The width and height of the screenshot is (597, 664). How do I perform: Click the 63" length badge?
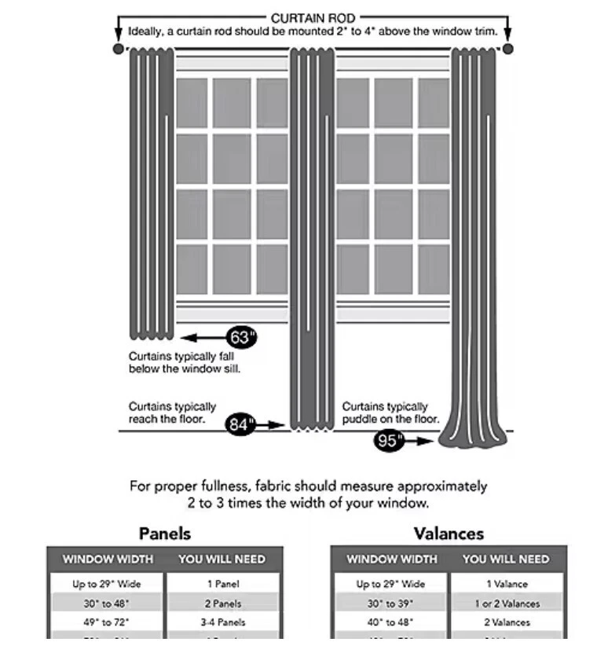[x=242, y=338]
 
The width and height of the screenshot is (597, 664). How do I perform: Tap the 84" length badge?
[x=241, y=424]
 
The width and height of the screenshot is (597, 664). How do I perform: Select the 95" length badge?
[x=389, y=441]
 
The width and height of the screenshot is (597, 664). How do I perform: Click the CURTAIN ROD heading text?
[x=313, y=18]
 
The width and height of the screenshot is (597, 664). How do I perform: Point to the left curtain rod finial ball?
[x=119, y=49]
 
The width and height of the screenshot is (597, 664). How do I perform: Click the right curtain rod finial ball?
[x=507, y=49]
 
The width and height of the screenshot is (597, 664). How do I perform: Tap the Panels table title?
[x=165, y=534]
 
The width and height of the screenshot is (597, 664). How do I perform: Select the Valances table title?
[x=449, y=534]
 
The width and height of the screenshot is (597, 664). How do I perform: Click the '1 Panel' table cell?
[x=224, y=584]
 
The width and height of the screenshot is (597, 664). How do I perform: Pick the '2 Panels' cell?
[x=224, y=603]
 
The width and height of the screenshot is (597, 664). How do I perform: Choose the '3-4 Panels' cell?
[x=224, y=622]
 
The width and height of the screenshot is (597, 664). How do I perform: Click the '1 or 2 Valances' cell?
[x=507, y=603]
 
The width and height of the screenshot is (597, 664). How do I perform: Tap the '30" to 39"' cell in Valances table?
[x=391, y=603]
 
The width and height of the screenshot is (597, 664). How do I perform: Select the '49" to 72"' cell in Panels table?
[x=107, y=622]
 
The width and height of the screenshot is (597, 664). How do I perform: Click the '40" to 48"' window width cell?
[x=391, y=622]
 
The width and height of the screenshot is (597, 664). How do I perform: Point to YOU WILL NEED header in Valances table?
[x=506, y=559]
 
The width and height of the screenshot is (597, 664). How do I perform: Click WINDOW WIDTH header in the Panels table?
[x=108, y=559]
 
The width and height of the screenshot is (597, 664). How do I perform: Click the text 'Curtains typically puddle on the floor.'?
[x=390, y=413]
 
